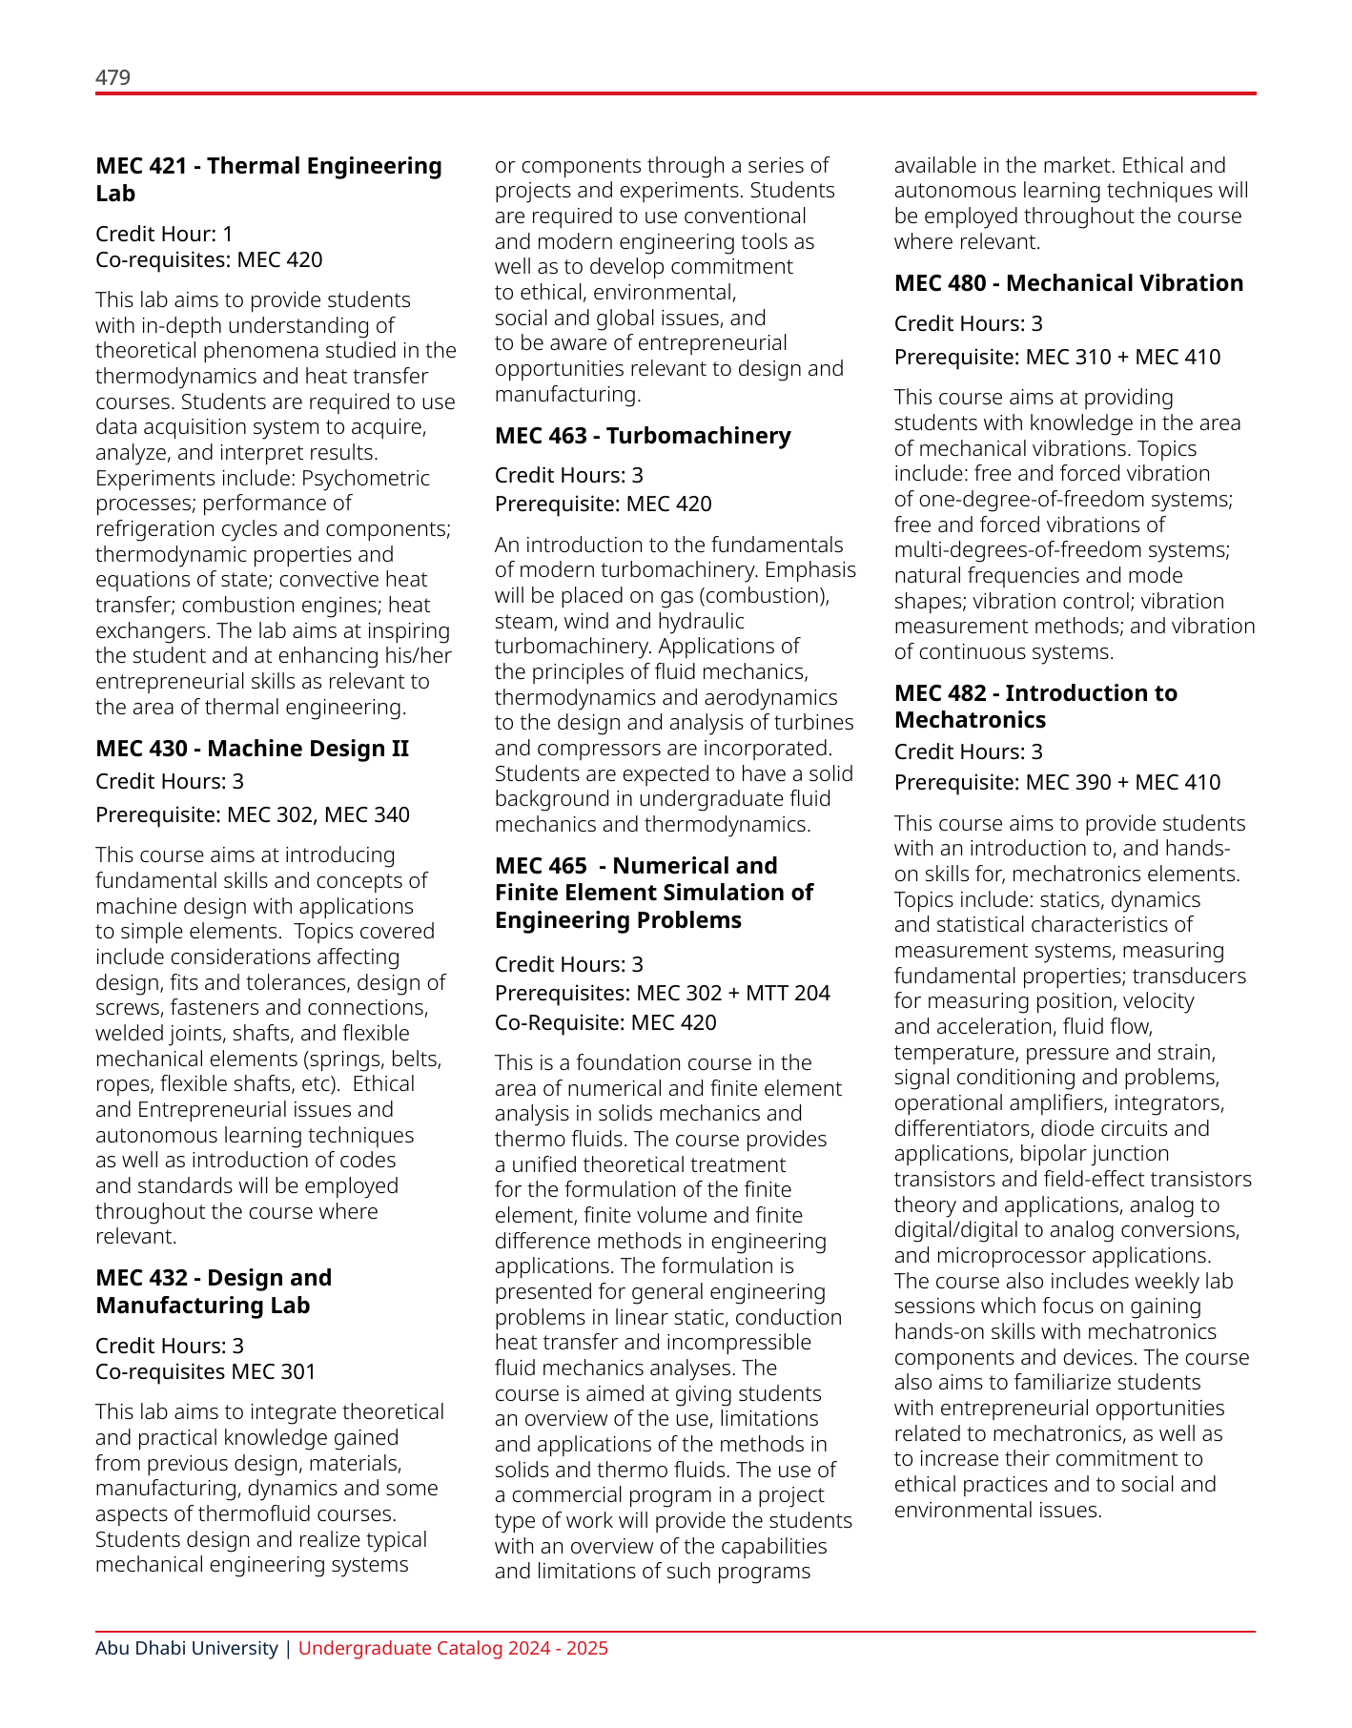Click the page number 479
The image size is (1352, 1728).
[113, 77]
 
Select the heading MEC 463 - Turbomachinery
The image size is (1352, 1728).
[643, 436]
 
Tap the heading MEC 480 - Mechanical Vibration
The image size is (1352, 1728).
[1068, 283]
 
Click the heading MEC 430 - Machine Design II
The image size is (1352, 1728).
[252, 749]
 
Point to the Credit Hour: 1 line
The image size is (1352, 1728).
[164, 234]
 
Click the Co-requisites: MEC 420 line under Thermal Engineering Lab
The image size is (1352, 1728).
[209, 259]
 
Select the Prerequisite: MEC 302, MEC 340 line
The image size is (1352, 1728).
[253, 814]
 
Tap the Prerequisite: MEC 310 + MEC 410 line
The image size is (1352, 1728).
[1056, 357]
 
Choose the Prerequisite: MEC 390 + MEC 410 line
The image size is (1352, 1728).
[1056, 782]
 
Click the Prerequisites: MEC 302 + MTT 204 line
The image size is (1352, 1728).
[662, 993]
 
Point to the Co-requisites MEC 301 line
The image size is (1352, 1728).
[205, 1371]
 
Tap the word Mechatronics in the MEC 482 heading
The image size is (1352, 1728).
[970, 720]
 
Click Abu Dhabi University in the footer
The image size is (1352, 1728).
[186, 1648]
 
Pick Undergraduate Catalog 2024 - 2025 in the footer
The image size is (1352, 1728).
[453, 1648]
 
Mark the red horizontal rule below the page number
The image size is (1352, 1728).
[675, 93]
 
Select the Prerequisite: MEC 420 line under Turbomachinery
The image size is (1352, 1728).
[603, 504]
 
